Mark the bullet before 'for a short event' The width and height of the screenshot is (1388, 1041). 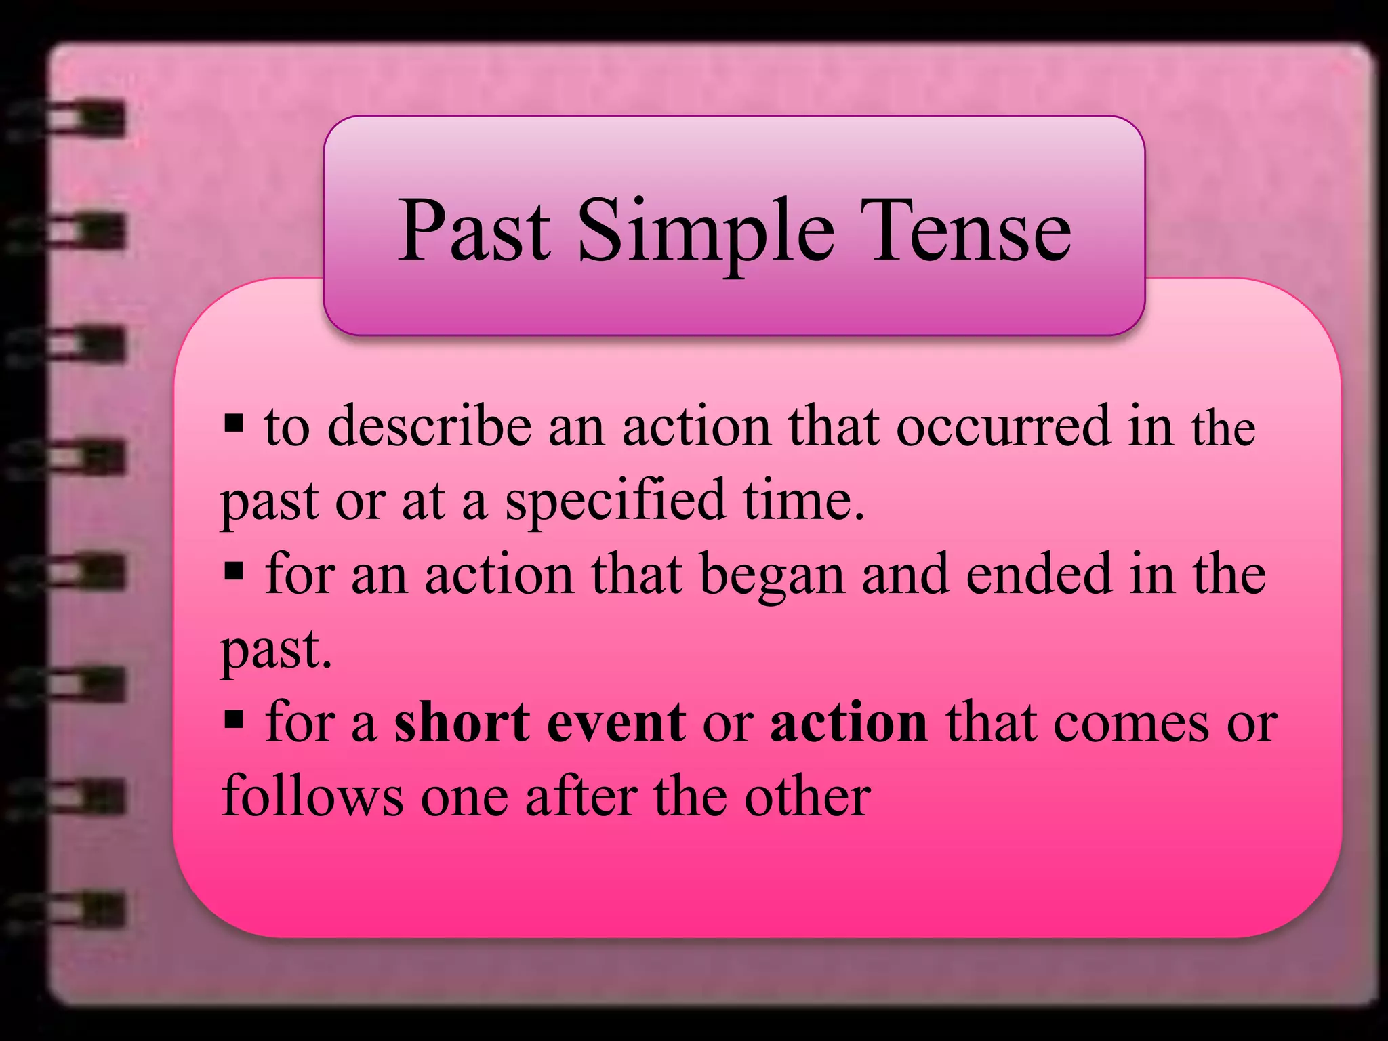pyautogui.click(x=233, y=720)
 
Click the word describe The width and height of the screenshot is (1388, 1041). pyautogui.click(x=429, y=427)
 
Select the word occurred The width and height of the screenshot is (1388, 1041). pyautogui.click(x=1004, y=427)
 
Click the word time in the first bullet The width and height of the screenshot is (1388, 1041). pyautogui.click(x=803, y=500)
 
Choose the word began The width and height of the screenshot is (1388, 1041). pyautogui.click(x=772, y=575)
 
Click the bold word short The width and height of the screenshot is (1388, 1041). pyautogui.click(x=462, y=722)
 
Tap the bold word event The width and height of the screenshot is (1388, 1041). pyautogui.click(x=616, y=722)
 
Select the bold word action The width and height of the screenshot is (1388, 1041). pyautogui.click(x=849, y=722)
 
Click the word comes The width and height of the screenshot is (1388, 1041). pyautogui.click(x=1131, y=722)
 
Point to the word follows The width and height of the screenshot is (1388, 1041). pyautogui.click(x=312, y=797)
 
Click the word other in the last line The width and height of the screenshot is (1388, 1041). pyautogui.click(x=807, y=797)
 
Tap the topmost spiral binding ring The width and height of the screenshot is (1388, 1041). pyautogui.click(x=75, y=119)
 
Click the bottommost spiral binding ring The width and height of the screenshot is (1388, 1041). pyautogui.click(x=75, y=908)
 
